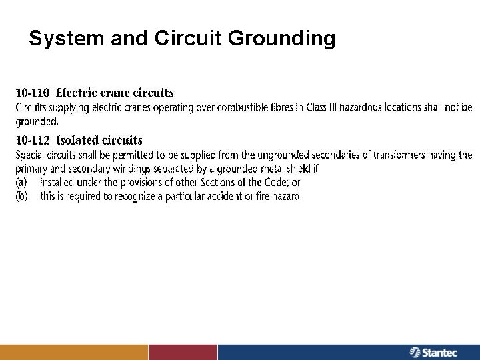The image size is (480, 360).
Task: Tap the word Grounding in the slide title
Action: tap(281, 39)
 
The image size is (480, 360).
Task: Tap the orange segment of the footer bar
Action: tap(73, 352)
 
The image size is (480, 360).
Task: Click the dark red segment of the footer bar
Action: tap(183, 352)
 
